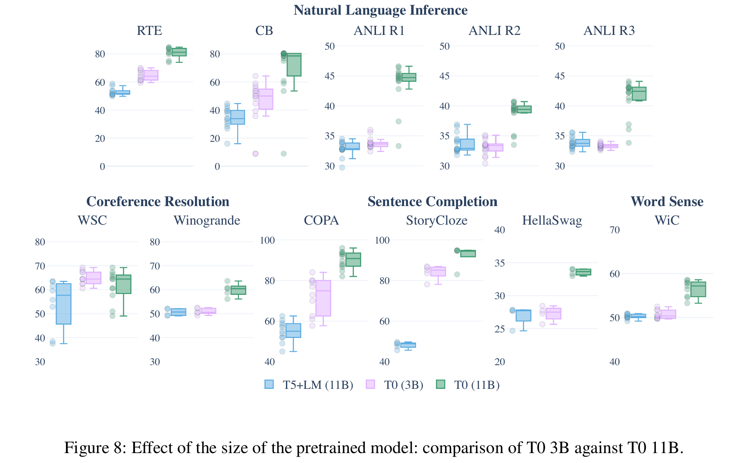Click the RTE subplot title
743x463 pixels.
pos(149,31)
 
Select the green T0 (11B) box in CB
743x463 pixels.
pos(294,65)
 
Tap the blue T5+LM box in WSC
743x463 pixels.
pos(63,303)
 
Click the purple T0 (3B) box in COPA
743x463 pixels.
pos(323,298)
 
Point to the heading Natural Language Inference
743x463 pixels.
pos(380,10)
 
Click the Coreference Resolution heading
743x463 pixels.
pos(158,202)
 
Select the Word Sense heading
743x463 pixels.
pos(667,202)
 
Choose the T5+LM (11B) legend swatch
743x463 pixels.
pos(269,385)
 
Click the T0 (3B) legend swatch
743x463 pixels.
pos(370,385)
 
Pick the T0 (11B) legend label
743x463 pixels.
pos(477,385)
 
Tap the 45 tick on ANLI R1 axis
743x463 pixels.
pos(329,76)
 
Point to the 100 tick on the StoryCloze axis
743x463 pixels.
pos(382,240)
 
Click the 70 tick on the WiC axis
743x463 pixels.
pos(614,230)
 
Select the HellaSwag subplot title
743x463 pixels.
pos(552,221)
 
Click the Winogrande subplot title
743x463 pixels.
pos(207,221)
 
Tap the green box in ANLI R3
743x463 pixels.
pos(639,94)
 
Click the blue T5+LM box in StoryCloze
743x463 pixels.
pos(408,345)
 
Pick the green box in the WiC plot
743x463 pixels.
pos(698,289)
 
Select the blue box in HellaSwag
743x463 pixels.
pos(524,315)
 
